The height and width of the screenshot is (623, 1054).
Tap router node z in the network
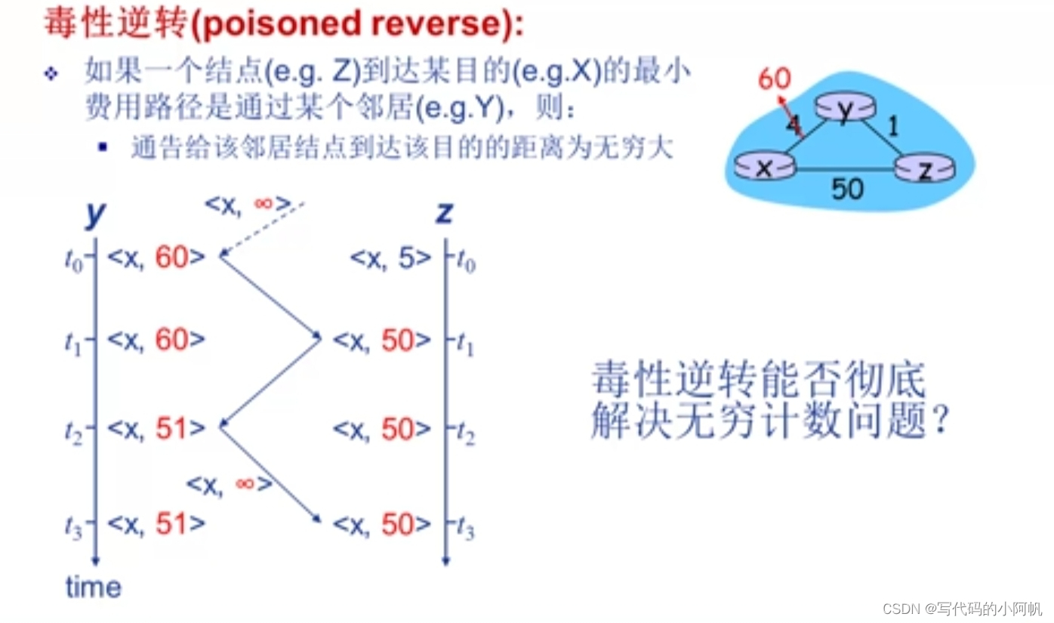tap(926, 171)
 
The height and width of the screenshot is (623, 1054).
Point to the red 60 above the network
tap(775, 79)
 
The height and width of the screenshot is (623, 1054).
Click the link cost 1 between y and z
tap(893, 126)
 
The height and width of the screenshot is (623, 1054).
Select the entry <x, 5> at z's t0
tap(390, 258)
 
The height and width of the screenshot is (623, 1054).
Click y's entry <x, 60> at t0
tap(156, 258)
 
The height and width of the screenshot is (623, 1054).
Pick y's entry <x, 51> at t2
tap(156, 429)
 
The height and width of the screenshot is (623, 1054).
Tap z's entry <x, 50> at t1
tap(382, 341)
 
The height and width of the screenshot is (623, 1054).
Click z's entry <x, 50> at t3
tap(382, 525)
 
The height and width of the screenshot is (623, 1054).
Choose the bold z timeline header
tap(444, 214)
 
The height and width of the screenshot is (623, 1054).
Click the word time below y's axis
tap(93, 587)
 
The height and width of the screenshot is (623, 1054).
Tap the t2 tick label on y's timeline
tap(76, 430)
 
